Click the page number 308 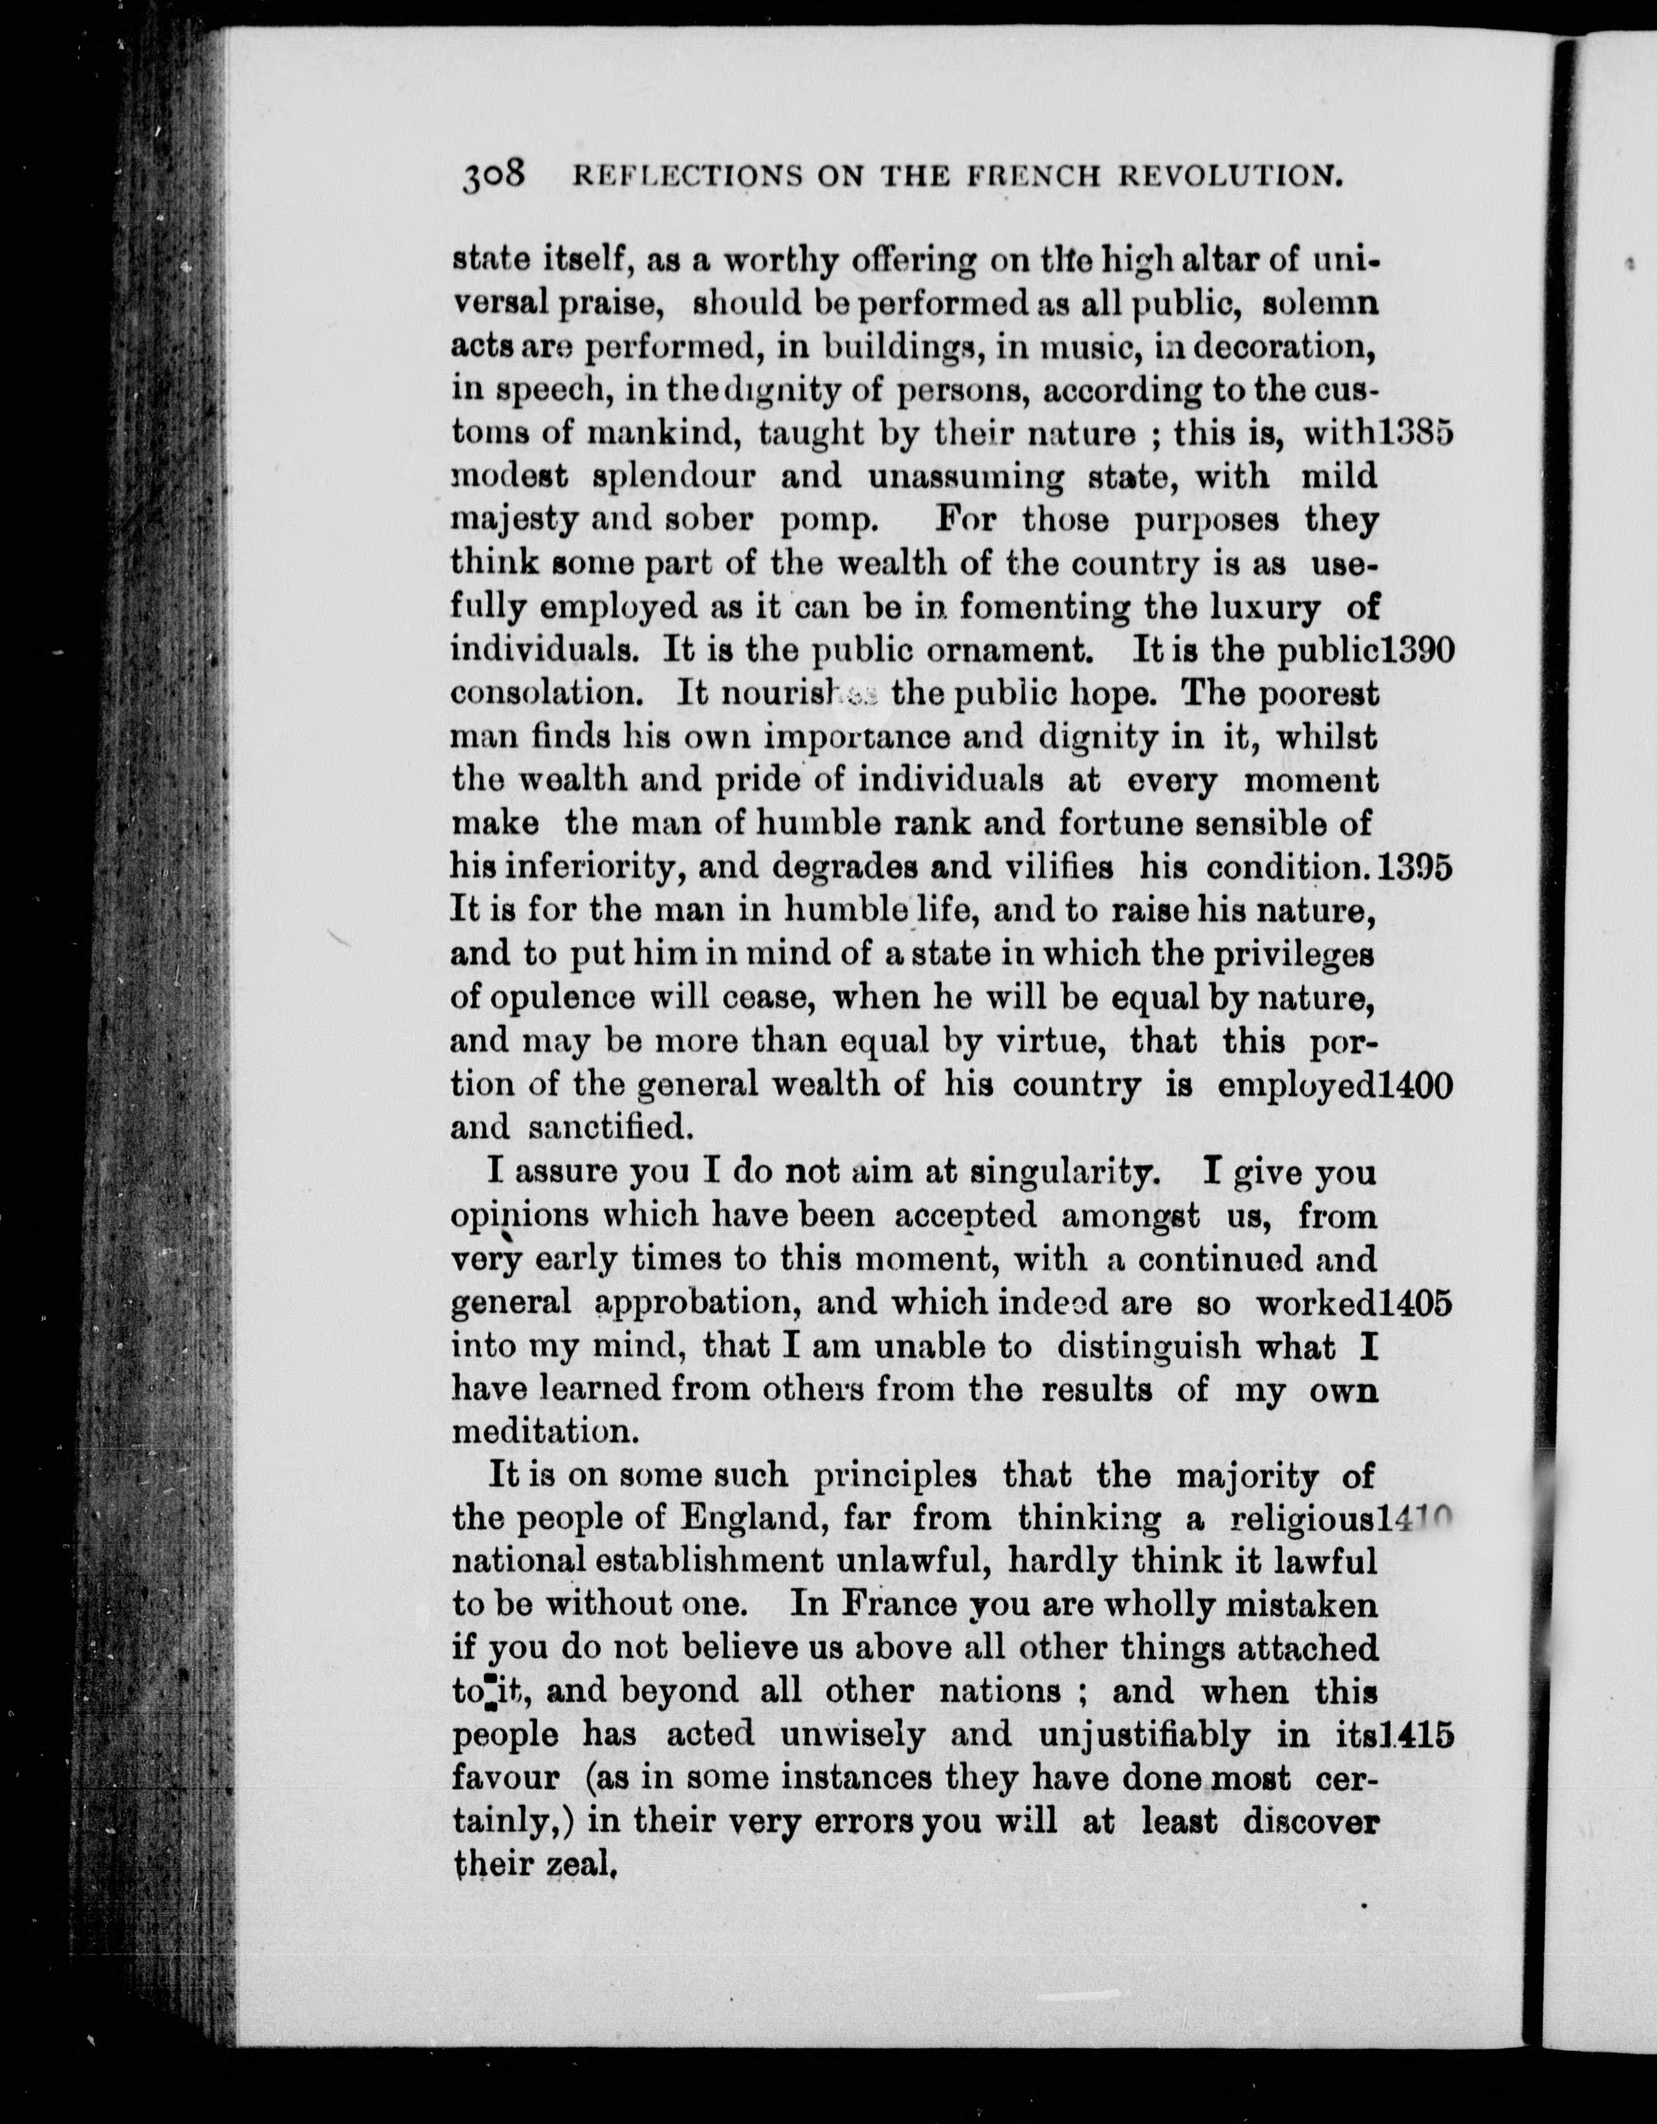[494, 175]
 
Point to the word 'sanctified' [610, 1128]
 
